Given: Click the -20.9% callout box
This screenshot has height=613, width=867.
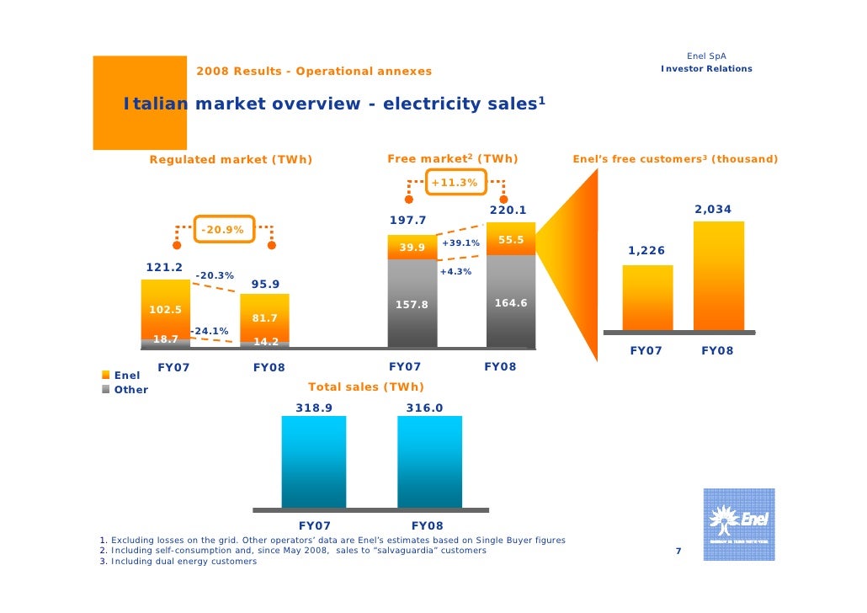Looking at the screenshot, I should point(223,229).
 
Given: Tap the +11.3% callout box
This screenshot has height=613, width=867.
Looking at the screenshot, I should point(454,183).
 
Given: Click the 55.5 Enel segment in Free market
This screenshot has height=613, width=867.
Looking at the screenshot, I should point(511,240).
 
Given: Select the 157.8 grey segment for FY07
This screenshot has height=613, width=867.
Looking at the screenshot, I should point(412,303).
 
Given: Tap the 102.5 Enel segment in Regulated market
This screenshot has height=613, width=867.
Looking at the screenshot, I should point(165,308).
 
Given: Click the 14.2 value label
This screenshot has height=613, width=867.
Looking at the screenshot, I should point(265,342).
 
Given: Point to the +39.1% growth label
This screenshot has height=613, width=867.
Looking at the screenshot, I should point(460,243).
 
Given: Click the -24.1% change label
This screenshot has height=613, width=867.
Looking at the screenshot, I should point(209,331).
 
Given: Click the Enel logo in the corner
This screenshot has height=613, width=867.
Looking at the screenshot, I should point(738,524).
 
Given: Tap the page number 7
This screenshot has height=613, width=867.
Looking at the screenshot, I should point(678,552).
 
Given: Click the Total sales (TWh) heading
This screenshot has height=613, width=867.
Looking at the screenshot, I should point(366,387).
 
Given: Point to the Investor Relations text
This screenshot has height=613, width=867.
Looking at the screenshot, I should point(706,69).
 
